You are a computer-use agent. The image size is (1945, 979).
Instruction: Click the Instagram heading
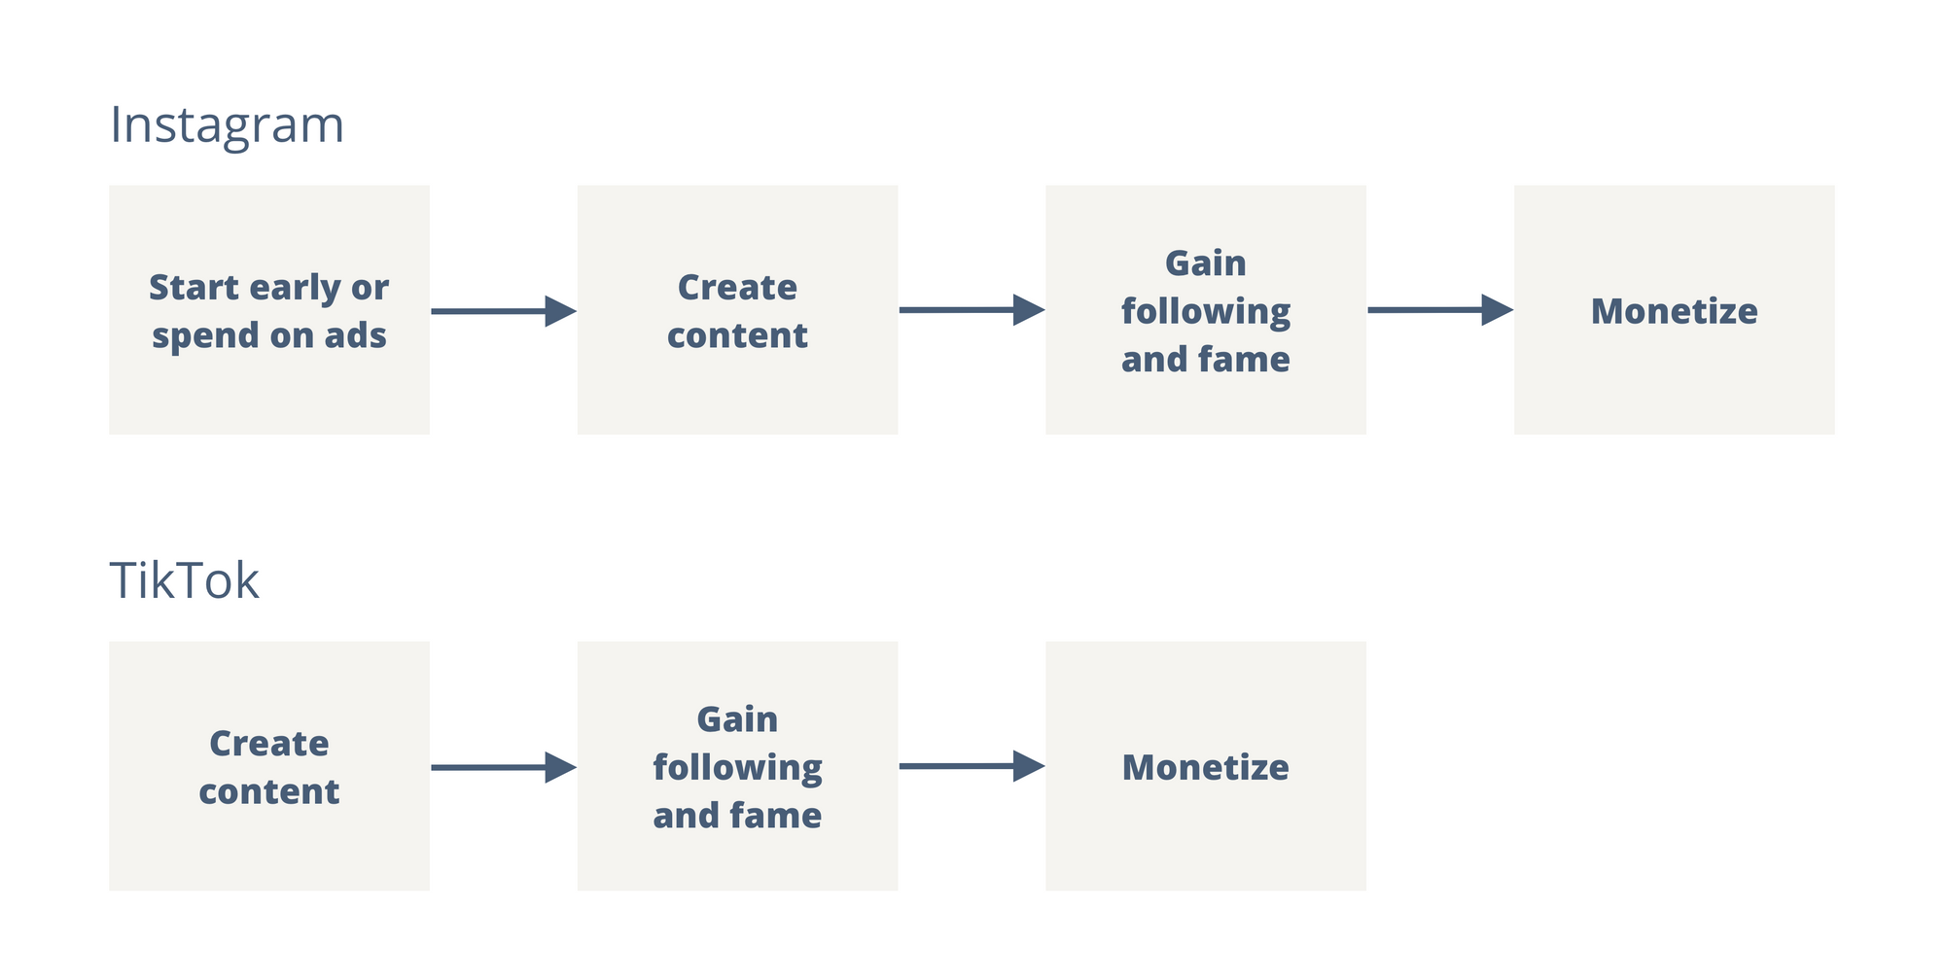(x=227, y=126)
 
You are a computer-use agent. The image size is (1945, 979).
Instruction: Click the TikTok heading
(x=184, y=580)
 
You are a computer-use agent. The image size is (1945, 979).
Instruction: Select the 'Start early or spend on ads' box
(x=269, y=310)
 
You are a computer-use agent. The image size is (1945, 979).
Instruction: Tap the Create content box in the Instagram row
(x=737, y=310)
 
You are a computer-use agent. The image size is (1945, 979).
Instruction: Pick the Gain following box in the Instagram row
(x=1206, y=310)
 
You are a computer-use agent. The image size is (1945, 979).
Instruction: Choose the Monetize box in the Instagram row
(x=1675, y=310)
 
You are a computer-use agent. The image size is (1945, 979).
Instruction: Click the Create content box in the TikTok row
(x=269, y=766)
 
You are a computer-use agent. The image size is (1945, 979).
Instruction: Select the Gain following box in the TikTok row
(x=737, y=766)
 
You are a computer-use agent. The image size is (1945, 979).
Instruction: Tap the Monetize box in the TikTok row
(x=1206, y=766)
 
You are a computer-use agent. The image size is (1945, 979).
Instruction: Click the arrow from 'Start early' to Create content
(x=504, y=311)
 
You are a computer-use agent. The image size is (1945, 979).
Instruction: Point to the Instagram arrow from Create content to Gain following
(x=972, y=310)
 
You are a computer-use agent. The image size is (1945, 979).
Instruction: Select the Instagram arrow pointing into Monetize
(x=1440, y=310)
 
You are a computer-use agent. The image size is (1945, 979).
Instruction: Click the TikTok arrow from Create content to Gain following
(x=504, y=767)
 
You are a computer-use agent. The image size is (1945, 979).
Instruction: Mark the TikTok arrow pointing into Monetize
(x=972, y=766)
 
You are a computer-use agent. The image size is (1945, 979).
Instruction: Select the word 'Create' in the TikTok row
(x=269, y=744)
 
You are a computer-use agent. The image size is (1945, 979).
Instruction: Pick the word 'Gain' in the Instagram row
(x=1206, y=263)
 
